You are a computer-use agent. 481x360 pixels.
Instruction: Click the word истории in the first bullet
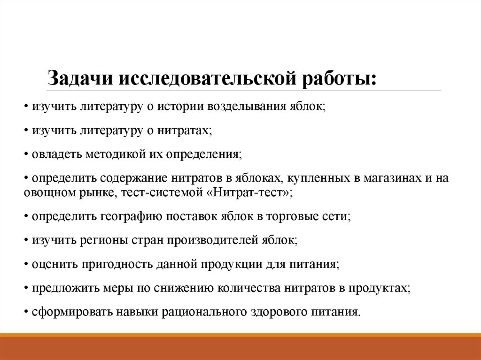click(180, 107)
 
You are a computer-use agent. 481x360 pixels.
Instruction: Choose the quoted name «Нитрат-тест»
click(253, 193)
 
